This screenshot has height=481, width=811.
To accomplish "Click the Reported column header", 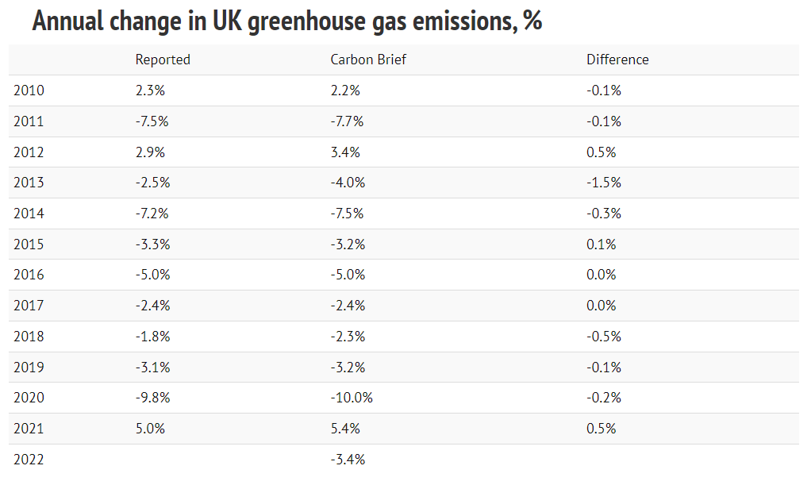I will click(x=163, y=60).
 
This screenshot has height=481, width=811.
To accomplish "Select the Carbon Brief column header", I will click(x=368, y=60).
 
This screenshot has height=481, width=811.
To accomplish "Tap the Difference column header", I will click(x=617, y=60).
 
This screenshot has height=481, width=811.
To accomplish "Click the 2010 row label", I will click(x=29, y=90).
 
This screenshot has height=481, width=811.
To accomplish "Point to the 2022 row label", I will click(x=29, y=460).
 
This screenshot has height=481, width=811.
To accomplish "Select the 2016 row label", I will click(x=29, y=275).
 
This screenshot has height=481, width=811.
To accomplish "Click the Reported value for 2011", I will click(x=152, y=121).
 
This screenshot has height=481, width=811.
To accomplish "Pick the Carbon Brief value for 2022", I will click(x=348, y=460).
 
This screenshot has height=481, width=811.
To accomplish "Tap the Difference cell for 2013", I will click(x=604, y=183).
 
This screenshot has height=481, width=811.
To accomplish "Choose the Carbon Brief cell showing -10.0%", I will click(x=352, y=398).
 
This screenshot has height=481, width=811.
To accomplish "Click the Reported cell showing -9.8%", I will click(x=152, y=398).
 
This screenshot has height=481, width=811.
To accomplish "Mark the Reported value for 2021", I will click(x=150, y=429).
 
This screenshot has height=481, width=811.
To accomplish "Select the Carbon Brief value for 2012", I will click(x=345, y=152).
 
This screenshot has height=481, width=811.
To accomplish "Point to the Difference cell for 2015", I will click(x=602, y=244).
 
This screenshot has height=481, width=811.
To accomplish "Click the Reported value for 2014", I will click(x=152, y=214).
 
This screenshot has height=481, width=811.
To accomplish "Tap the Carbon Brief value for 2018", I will click(x=348, y=337).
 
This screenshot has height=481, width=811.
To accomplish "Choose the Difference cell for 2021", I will click(x=602, y=429).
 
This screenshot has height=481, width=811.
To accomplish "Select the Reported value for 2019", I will click(x=152, y=367).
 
